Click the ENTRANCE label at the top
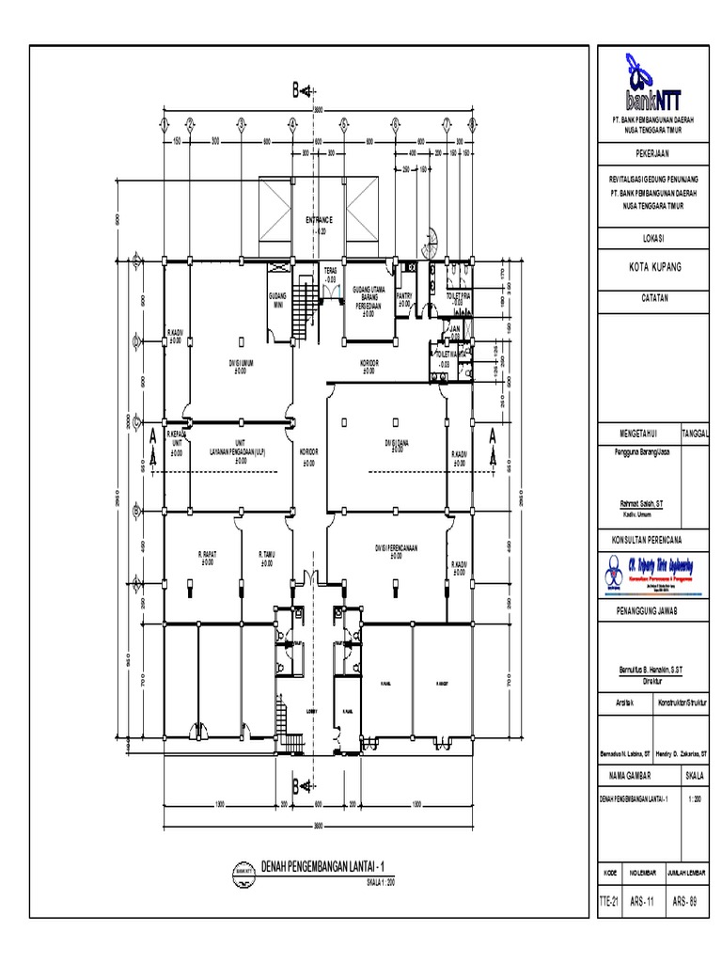tap(320, 220)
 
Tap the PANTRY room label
tap(405, 298)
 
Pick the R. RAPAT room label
tap(208, 558)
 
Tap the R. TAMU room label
tap(267, 558)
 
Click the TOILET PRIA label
tap(458, 298)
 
